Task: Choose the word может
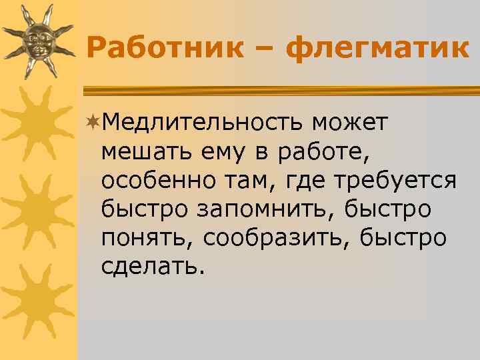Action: pos(353,123)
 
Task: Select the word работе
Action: pos(322,152)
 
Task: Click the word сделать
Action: pos(149,267)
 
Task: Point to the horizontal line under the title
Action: pos(280,89)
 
